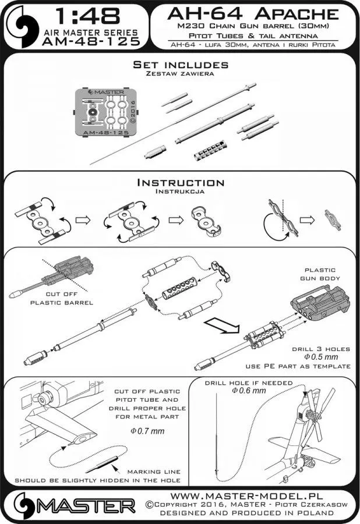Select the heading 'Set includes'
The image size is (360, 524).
[x=180, y=64]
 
